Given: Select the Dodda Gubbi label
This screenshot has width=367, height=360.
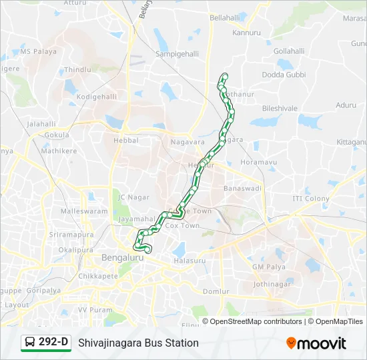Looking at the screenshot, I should coord(283,74).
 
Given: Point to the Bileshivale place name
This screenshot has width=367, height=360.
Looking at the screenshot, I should coord(280,107).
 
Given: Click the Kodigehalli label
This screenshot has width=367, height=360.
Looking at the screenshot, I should coord(97,97).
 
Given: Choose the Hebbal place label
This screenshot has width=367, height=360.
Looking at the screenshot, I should coord(126,141).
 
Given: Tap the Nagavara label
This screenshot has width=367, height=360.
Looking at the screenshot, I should coord(188,142).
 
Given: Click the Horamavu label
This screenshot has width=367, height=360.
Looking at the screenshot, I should coord(258,162).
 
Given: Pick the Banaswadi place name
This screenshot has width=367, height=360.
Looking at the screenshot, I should coord(243,189).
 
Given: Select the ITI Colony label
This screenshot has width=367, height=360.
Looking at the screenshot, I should coord(311,199).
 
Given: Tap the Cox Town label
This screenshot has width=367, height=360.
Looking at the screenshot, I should coord(182,226).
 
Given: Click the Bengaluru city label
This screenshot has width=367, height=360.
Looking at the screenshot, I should coord(123,257).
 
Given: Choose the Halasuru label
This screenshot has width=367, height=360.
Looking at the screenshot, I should coord(190,261).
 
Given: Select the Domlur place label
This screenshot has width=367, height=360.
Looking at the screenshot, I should coord(216,291).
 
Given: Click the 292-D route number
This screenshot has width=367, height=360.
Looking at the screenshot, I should coord(53,342).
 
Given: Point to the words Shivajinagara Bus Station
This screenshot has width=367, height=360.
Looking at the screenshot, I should coord(138,343).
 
